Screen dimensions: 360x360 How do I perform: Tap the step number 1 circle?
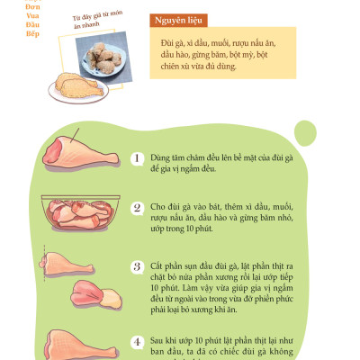[137, 157]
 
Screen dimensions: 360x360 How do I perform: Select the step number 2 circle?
[137, 207]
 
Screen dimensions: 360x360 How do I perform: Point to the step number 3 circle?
[137, 267]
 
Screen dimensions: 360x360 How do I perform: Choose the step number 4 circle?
[137, 341]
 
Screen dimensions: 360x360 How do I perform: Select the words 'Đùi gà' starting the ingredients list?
[173, 43]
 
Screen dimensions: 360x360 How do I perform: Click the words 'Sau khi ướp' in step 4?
[172, 341]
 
